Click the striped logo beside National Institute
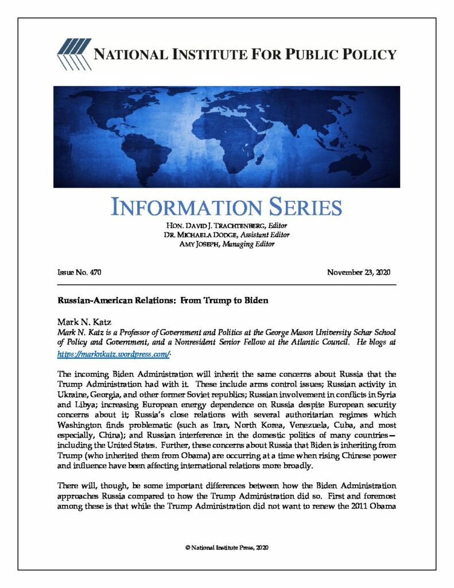coord(72,55)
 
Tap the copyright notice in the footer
coord(227,548)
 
